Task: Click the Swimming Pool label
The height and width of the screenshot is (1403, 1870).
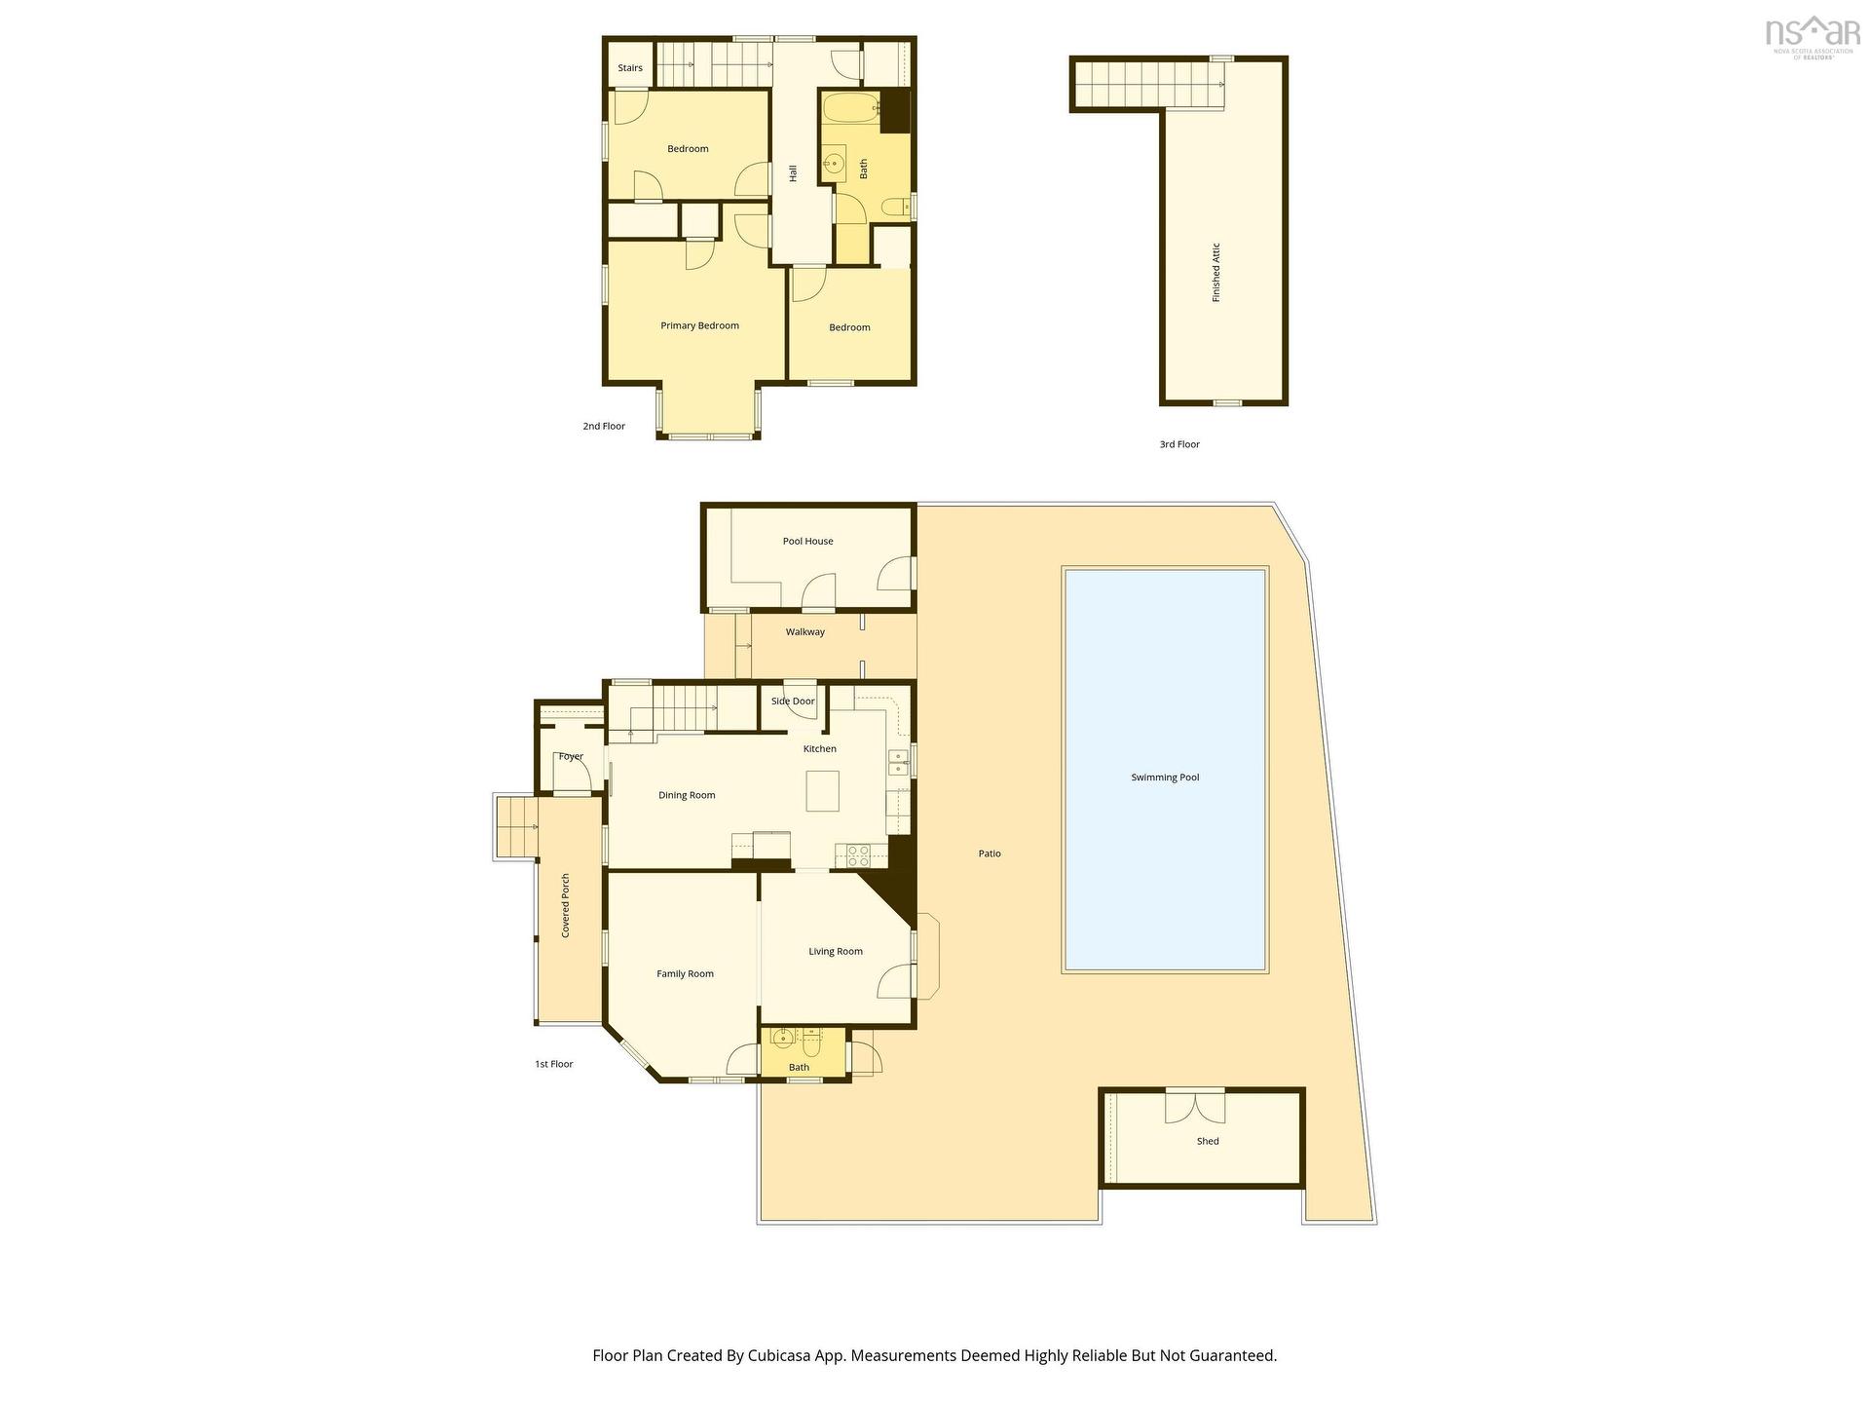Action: tap(1165, 777)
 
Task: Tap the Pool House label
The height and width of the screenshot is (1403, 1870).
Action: tap(807, 541)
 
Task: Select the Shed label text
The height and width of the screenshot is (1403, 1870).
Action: tap(1208, 1141)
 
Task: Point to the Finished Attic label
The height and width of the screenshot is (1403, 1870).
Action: tap(1215, 272)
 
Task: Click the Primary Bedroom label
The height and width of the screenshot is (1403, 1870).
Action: tap(699, 325)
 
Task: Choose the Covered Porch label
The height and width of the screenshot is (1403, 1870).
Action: tap(565, 905)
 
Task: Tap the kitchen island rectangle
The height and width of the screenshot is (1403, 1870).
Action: tap(822, 790)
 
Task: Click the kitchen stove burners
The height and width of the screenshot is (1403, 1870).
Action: tap(858, 855)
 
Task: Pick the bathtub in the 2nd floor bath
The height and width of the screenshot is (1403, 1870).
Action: tap(850, 108)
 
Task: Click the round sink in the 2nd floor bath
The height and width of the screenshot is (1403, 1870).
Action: tap(834, 164)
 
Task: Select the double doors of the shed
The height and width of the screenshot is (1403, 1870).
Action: tap(1195, 1106)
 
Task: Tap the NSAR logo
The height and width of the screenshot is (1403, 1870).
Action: tap(1811, 36)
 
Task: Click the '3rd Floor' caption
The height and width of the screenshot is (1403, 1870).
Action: tap(1179, 444)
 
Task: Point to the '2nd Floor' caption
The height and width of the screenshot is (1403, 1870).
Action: tap(604, 426)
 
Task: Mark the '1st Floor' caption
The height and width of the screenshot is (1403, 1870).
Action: tap(553, 1064)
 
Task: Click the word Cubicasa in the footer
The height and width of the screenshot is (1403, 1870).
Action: tap(781, 1355)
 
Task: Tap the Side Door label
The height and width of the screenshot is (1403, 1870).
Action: tap(793, 701)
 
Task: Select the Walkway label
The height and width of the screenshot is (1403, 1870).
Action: tap(805, 632)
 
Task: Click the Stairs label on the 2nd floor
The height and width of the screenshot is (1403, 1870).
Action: tap(630, 68)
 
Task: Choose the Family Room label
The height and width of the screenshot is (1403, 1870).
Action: tap(685, 973)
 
